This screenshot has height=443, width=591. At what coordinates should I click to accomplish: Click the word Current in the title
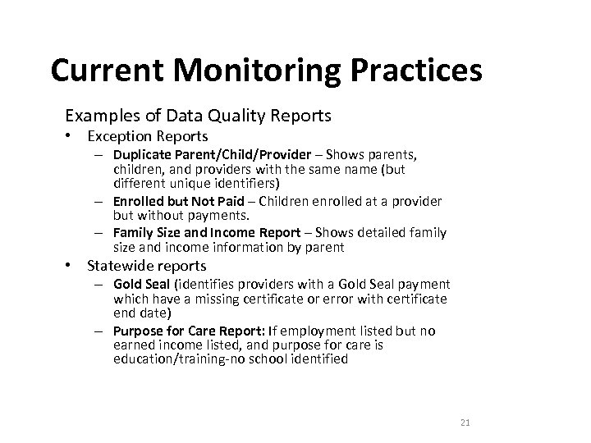pos(103,71)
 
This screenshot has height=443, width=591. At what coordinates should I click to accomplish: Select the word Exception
pos(119,135)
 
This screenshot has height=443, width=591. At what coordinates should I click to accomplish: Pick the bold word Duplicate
pos(141,156)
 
